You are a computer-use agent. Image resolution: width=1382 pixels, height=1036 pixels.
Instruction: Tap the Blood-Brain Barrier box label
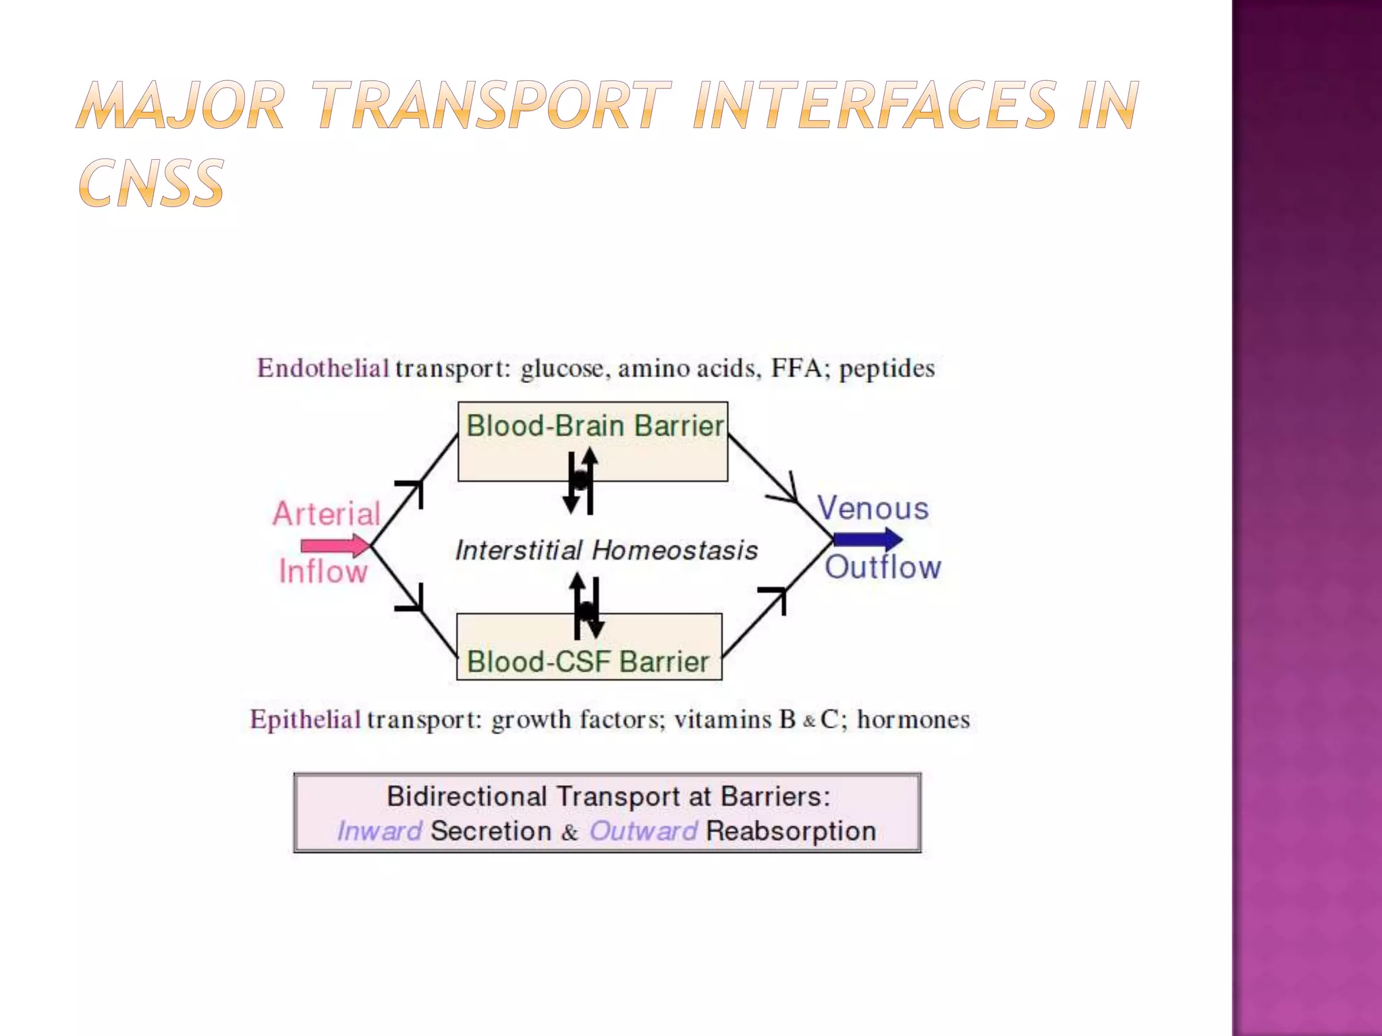595,426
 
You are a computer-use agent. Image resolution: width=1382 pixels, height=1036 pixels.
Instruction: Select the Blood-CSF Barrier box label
588,662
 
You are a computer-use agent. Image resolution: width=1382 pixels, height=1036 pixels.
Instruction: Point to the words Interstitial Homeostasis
606,550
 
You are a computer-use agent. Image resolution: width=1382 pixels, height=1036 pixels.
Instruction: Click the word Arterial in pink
327,514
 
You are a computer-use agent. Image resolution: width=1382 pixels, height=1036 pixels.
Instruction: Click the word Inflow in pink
323,572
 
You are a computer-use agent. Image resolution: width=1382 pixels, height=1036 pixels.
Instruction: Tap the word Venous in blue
873,509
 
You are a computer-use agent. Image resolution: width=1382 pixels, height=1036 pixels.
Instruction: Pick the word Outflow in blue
883,567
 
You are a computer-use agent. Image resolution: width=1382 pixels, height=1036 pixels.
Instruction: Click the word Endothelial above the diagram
323,368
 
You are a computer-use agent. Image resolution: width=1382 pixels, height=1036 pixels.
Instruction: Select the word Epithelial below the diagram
305,720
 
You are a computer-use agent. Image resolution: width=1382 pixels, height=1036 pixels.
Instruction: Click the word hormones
913,720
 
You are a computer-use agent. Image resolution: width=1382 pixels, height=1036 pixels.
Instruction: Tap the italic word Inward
379,831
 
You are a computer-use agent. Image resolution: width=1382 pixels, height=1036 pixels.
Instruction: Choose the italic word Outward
642,831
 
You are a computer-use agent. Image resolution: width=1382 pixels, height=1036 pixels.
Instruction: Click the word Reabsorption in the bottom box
790,831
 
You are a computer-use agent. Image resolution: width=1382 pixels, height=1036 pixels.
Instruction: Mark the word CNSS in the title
151,183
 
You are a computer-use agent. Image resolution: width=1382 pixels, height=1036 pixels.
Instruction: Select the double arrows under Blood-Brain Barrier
580,480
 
